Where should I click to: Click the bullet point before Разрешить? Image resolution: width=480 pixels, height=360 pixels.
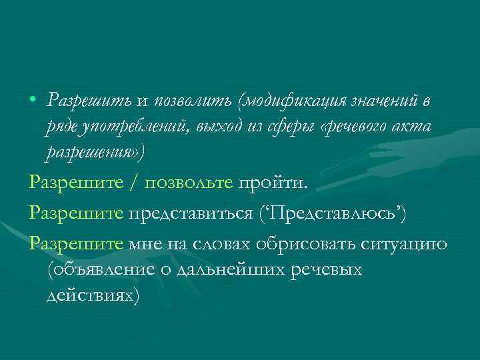pyautogui.click(x=33, y=101)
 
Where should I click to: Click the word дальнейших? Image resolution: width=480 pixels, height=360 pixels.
pyautogui.click(x=217, y=270)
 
